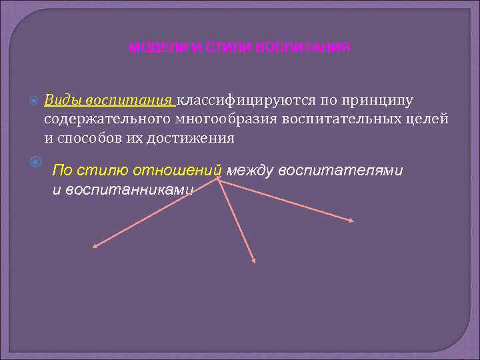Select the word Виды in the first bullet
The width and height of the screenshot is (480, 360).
(x=61, y=100)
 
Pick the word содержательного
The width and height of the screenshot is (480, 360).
(x=103, y=119)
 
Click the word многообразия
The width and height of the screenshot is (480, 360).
(x=221, y=119)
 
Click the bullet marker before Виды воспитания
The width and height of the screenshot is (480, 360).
(x=35, y=101)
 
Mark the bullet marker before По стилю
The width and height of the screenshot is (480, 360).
(x=35, y=161)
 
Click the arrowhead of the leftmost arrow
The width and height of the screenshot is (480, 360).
(x=95, y=246)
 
